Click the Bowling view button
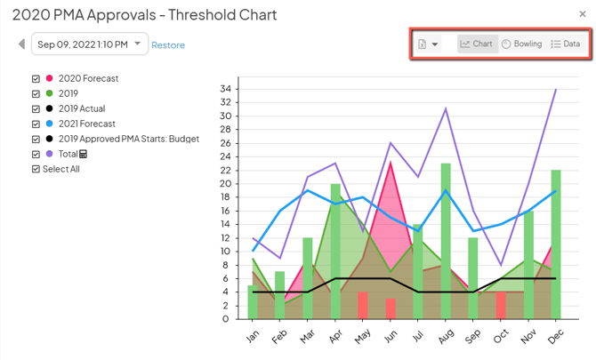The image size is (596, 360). (521, 44)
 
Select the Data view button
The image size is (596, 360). (565, 44)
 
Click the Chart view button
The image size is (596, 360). (478, 44)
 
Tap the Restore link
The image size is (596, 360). (168, 44)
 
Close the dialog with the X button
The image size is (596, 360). (583, 14)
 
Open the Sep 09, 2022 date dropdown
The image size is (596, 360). (89, 44)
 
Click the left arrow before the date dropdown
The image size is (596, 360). (21, 44)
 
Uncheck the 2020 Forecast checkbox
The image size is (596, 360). (36, 78)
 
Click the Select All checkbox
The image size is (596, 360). (36, 169)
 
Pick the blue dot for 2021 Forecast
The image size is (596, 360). (49, 124)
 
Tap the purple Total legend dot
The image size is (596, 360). (49, 154)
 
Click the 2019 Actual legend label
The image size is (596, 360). (81, 108)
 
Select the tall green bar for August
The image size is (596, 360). (446, 240)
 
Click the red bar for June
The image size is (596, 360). (391, 308)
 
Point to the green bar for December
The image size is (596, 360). (556, 244)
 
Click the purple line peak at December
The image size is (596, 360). (556, 89)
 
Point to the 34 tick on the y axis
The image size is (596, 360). (228, 89)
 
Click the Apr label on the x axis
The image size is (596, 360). (334, 335)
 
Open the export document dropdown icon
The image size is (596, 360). (428, 44)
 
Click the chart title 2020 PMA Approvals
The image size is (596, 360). (144, 15)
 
